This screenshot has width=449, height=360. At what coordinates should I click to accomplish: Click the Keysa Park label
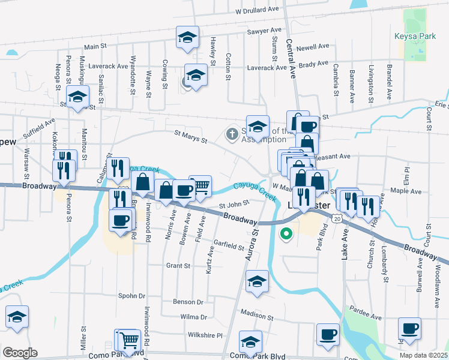[410, 36]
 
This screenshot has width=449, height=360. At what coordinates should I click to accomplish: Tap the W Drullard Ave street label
[258, 11]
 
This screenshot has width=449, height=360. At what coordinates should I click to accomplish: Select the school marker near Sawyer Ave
[188, 37]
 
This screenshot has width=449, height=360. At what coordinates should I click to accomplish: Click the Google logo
[20, 353]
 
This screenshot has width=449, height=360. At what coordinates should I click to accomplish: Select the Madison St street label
[257, 313]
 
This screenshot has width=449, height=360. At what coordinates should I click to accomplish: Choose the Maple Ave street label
[406, 191]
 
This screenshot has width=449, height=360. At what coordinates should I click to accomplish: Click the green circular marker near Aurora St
[286, 234]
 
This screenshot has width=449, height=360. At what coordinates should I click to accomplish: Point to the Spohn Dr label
[132, 296]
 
